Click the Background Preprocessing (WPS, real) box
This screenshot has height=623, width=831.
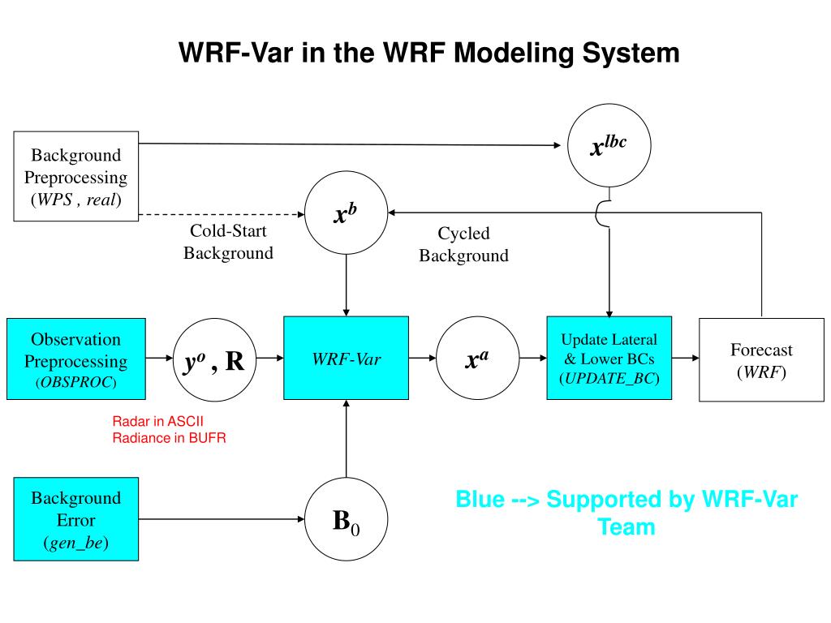(75, 176)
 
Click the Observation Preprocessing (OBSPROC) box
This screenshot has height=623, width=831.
(75, 359)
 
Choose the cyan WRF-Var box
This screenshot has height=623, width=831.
(346, 358)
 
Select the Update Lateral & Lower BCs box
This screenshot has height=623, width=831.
(609, 358)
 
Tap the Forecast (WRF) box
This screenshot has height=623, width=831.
(761, 359)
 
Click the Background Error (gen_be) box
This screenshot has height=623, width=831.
(75, 519)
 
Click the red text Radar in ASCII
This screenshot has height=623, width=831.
(158, 421)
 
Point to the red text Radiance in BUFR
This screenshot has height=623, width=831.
(169, 438)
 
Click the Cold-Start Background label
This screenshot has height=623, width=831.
(228, 242)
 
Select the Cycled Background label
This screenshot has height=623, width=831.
(463, 244)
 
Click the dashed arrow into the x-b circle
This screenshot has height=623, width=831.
(222, 214)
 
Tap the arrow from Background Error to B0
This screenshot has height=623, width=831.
(222, 519)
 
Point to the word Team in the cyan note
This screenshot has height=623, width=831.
(626, 527)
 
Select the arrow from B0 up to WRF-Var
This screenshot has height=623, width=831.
(346, 439)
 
